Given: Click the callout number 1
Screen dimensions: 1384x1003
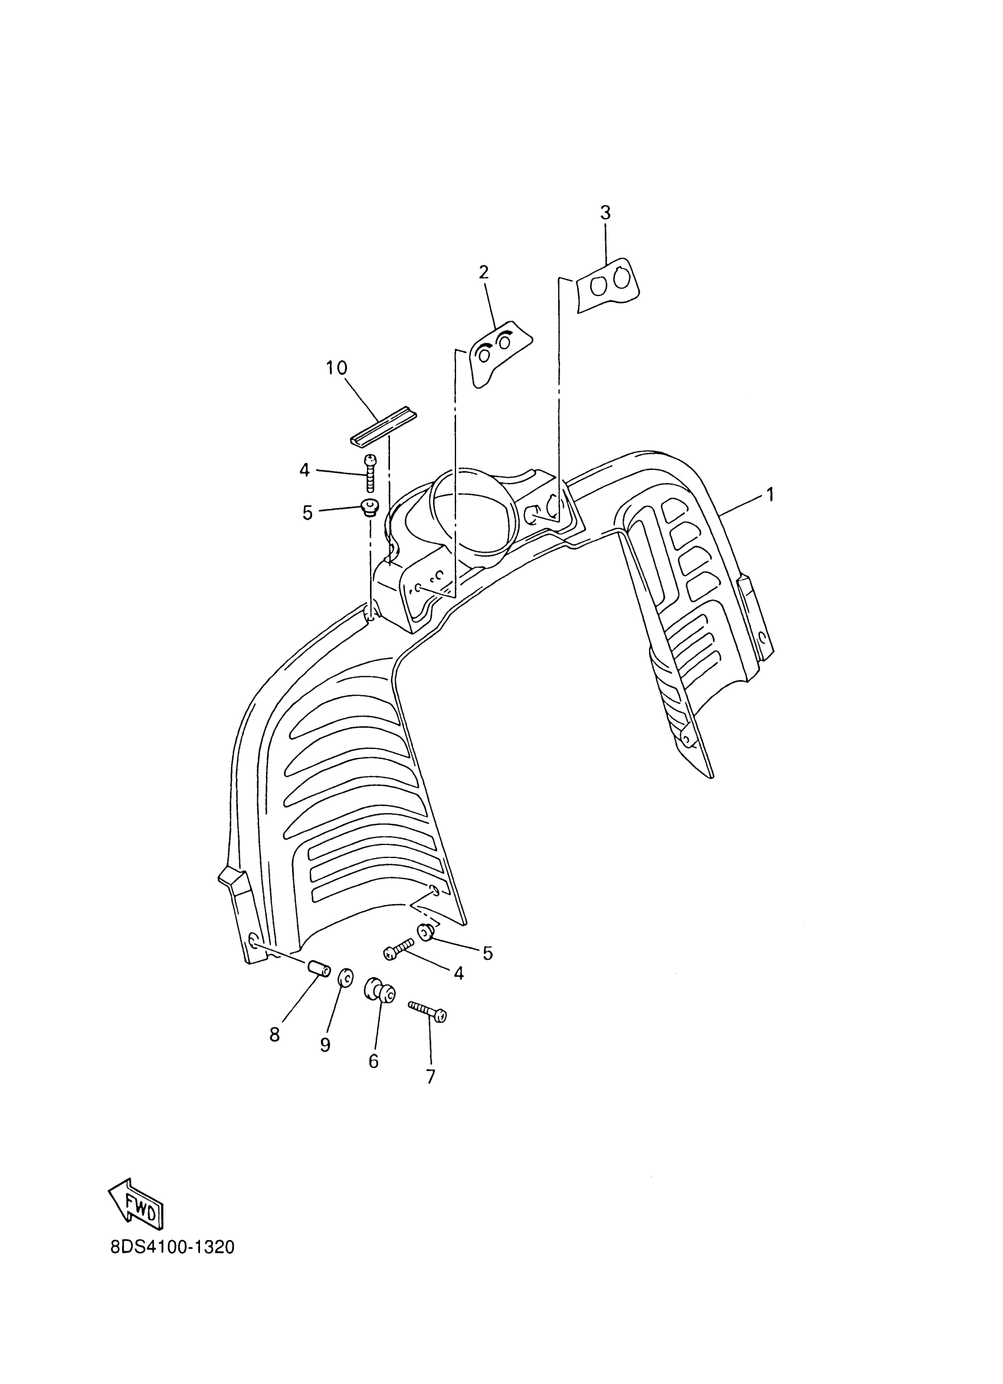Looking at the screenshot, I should click(x=771, y=494).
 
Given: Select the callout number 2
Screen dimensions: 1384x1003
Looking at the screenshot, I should click(x=483, y=272).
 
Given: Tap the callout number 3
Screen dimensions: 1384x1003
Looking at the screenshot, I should click(x=605, y=213).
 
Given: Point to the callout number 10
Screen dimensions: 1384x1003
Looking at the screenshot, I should click(x=336, y=368).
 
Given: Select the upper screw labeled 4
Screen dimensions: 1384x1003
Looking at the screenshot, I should click(x=370, y=474).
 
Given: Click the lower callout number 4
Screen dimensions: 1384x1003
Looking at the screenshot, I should click(x=458, y=973).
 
